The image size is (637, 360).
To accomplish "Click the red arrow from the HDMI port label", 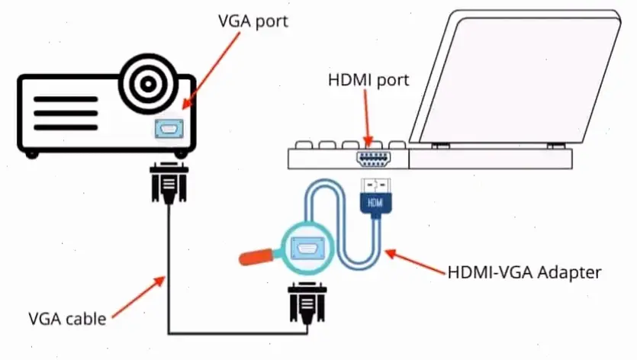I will tap(368, 114).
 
